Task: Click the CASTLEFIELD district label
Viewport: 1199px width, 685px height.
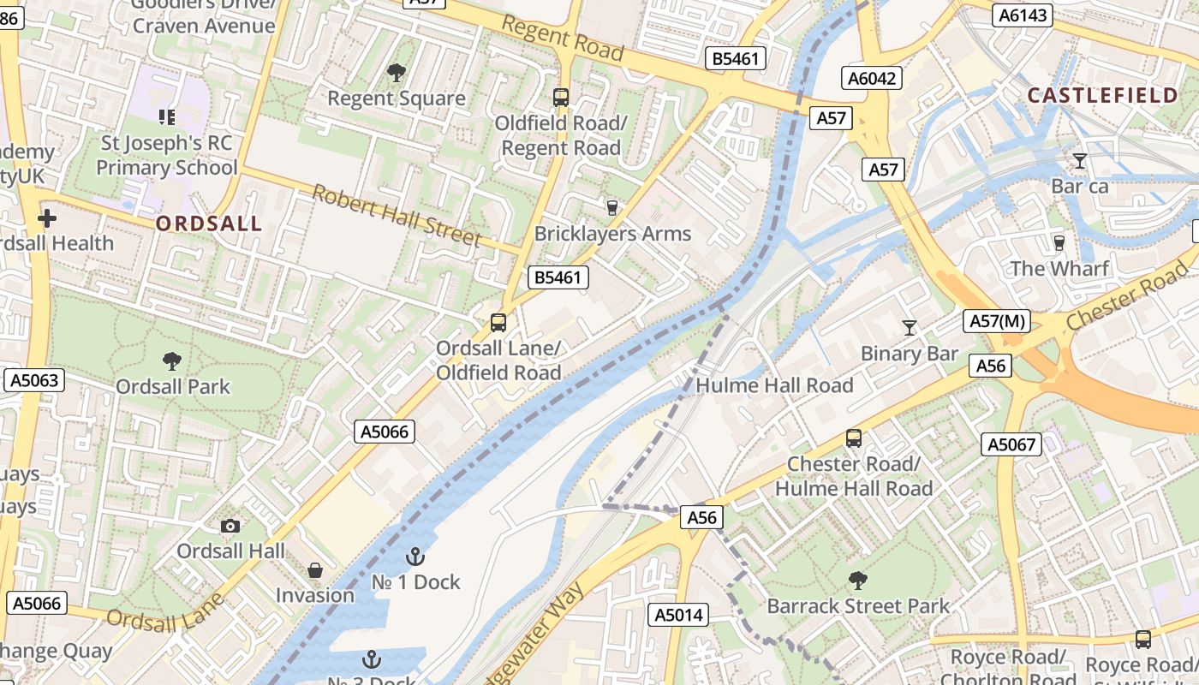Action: coord(1102,95)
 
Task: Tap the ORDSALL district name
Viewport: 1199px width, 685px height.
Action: coord(208,223)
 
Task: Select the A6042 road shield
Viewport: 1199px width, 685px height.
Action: coord(872,79)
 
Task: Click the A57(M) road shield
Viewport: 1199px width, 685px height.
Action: coord(997,321)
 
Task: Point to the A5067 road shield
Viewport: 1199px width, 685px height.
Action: coord(1011,444)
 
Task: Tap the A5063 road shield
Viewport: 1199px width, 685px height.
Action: coord(34,380)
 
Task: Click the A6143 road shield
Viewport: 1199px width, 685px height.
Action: coord(1023,15)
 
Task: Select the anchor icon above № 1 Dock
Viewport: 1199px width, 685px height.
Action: coord(415,557)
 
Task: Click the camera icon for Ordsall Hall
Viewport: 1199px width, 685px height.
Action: coord(230,526)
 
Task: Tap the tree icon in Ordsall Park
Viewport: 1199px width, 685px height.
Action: coord(172,361)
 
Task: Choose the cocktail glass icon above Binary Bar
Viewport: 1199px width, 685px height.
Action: coord(909,328)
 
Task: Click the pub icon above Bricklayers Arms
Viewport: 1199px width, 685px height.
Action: coord(611,207)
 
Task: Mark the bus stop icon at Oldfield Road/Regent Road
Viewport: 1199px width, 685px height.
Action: coord(561,98)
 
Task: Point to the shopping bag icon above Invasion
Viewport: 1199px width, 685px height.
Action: coord(315,570)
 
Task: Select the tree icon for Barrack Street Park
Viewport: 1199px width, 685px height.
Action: coord(857,581)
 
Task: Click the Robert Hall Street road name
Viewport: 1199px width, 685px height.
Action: coord(396,215)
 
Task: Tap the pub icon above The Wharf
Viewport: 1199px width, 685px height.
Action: coord(1059,243)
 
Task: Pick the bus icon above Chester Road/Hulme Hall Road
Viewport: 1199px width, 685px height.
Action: coord(854,438)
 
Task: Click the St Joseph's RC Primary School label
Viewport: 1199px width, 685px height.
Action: coord(166,155)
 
